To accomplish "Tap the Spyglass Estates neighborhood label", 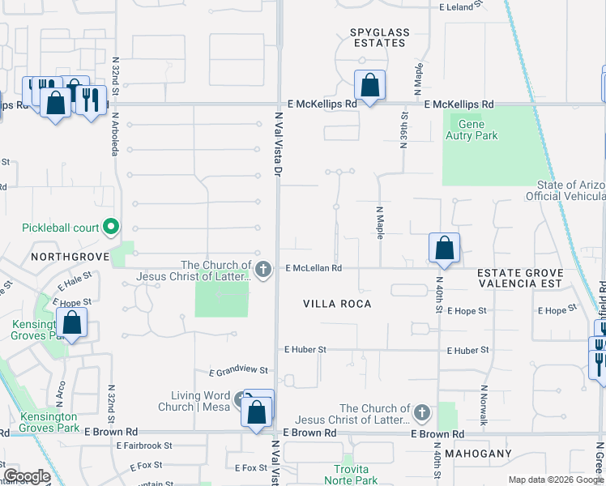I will tap(380, 37).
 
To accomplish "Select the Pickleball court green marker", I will tap(112, 228).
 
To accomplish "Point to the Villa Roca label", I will tap(337, 304).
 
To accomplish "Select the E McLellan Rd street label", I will tap(314, 268).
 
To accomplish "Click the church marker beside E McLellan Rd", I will tap(262, 270).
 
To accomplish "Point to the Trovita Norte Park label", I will tap(356, 475).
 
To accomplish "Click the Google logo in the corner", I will tap(27, 477).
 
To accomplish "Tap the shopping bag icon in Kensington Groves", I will tap(72, 323).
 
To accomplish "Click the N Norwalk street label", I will tap(484, 405).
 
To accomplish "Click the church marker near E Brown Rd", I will tap(420, 414).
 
